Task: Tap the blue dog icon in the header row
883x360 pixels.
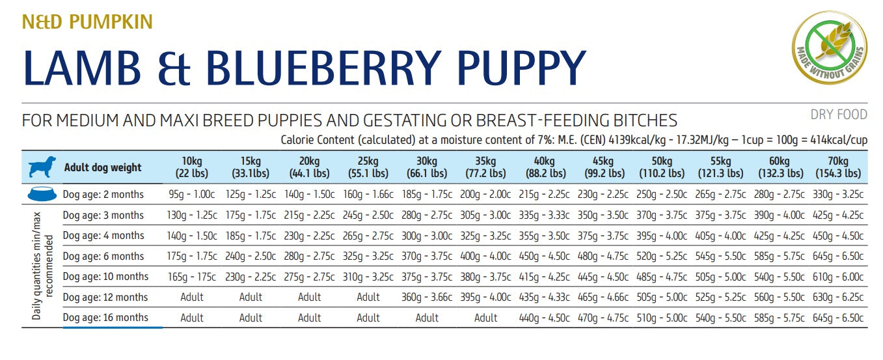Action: coord(42,167)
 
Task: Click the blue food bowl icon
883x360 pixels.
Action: coord(42,195)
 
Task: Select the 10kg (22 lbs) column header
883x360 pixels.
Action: coord(191,167)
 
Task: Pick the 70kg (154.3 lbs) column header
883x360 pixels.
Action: coord(838,167)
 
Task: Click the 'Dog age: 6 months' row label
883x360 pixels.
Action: coord(103,256)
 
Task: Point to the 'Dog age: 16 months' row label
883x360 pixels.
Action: coord(105,318)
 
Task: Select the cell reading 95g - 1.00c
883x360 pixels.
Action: coord(191,195)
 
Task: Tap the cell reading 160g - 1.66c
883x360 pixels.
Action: coord(368,195)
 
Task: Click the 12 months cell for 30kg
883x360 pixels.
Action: coord(427,298)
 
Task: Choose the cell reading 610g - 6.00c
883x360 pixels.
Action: coord(838,277)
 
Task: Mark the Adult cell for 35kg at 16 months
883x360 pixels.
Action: coord(485,318)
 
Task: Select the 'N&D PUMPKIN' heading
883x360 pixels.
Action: coord(87,22)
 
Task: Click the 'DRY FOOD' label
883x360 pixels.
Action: coord(839,115)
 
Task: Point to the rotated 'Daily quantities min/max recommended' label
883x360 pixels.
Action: coord(42,266)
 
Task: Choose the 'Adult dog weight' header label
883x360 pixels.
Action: coord(103,167)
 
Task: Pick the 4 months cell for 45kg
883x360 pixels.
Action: coord(603,236)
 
